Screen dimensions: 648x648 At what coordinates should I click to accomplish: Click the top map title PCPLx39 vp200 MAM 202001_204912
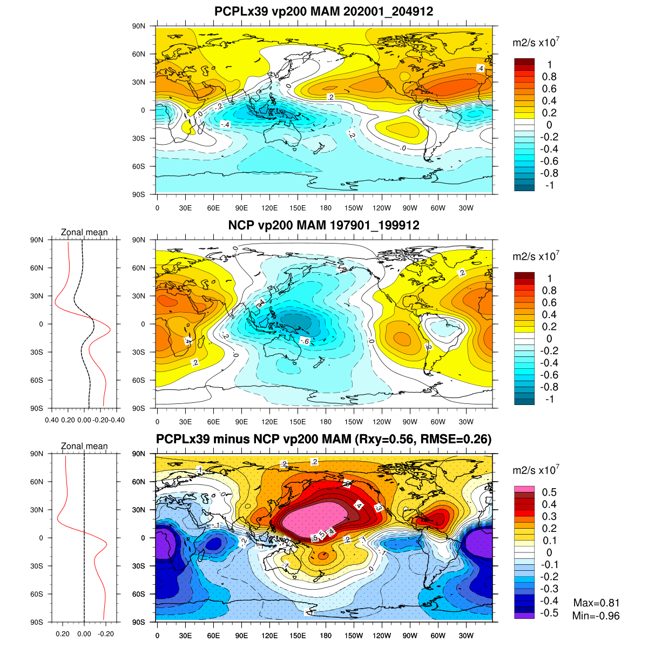click(x=323, y=11)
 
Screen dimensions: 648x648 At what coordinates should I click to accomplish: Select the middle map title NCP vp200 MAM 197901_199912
click(x=323, y=225)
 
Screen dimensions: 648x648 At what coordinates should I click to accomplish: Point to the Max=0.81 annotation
click(x=596, y=603)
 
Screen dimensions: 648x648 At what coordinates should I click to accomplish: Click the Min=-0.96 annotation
click(x=596, y=616)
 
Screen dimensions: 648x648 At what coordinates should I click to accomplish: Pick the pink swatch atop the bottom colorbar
click(x=524, y=489)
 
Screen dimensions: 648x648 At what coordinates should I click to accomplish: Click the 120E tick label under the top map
click(x=269, y=208)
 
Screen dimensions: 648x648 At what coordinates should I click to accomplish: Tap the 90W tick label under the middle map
click(x=410, y=422)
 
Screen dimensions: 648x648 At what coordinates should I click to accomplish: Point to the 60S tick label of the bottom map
click(x=139, y=594)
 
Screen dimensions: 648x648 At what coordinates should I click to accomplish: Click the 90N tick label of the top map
click(x=139, y=26)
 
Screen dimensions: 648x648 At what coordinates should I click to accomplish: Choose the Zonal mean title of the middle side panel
click(x=84, y=232)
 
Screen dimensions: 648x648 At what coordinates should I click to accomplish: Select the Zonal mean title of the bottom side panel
click(x=84, y=446)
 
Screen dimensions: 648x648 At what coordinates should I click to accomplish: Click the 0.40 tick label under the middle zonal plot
click(x=52, y=420)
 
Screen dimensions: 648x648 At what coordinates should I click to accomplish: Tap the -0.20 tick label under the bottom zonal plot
click(x=106, y=633)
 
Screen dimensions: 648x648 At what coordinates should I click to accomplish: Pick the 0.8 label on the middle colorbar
click(x=549, y=291)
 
